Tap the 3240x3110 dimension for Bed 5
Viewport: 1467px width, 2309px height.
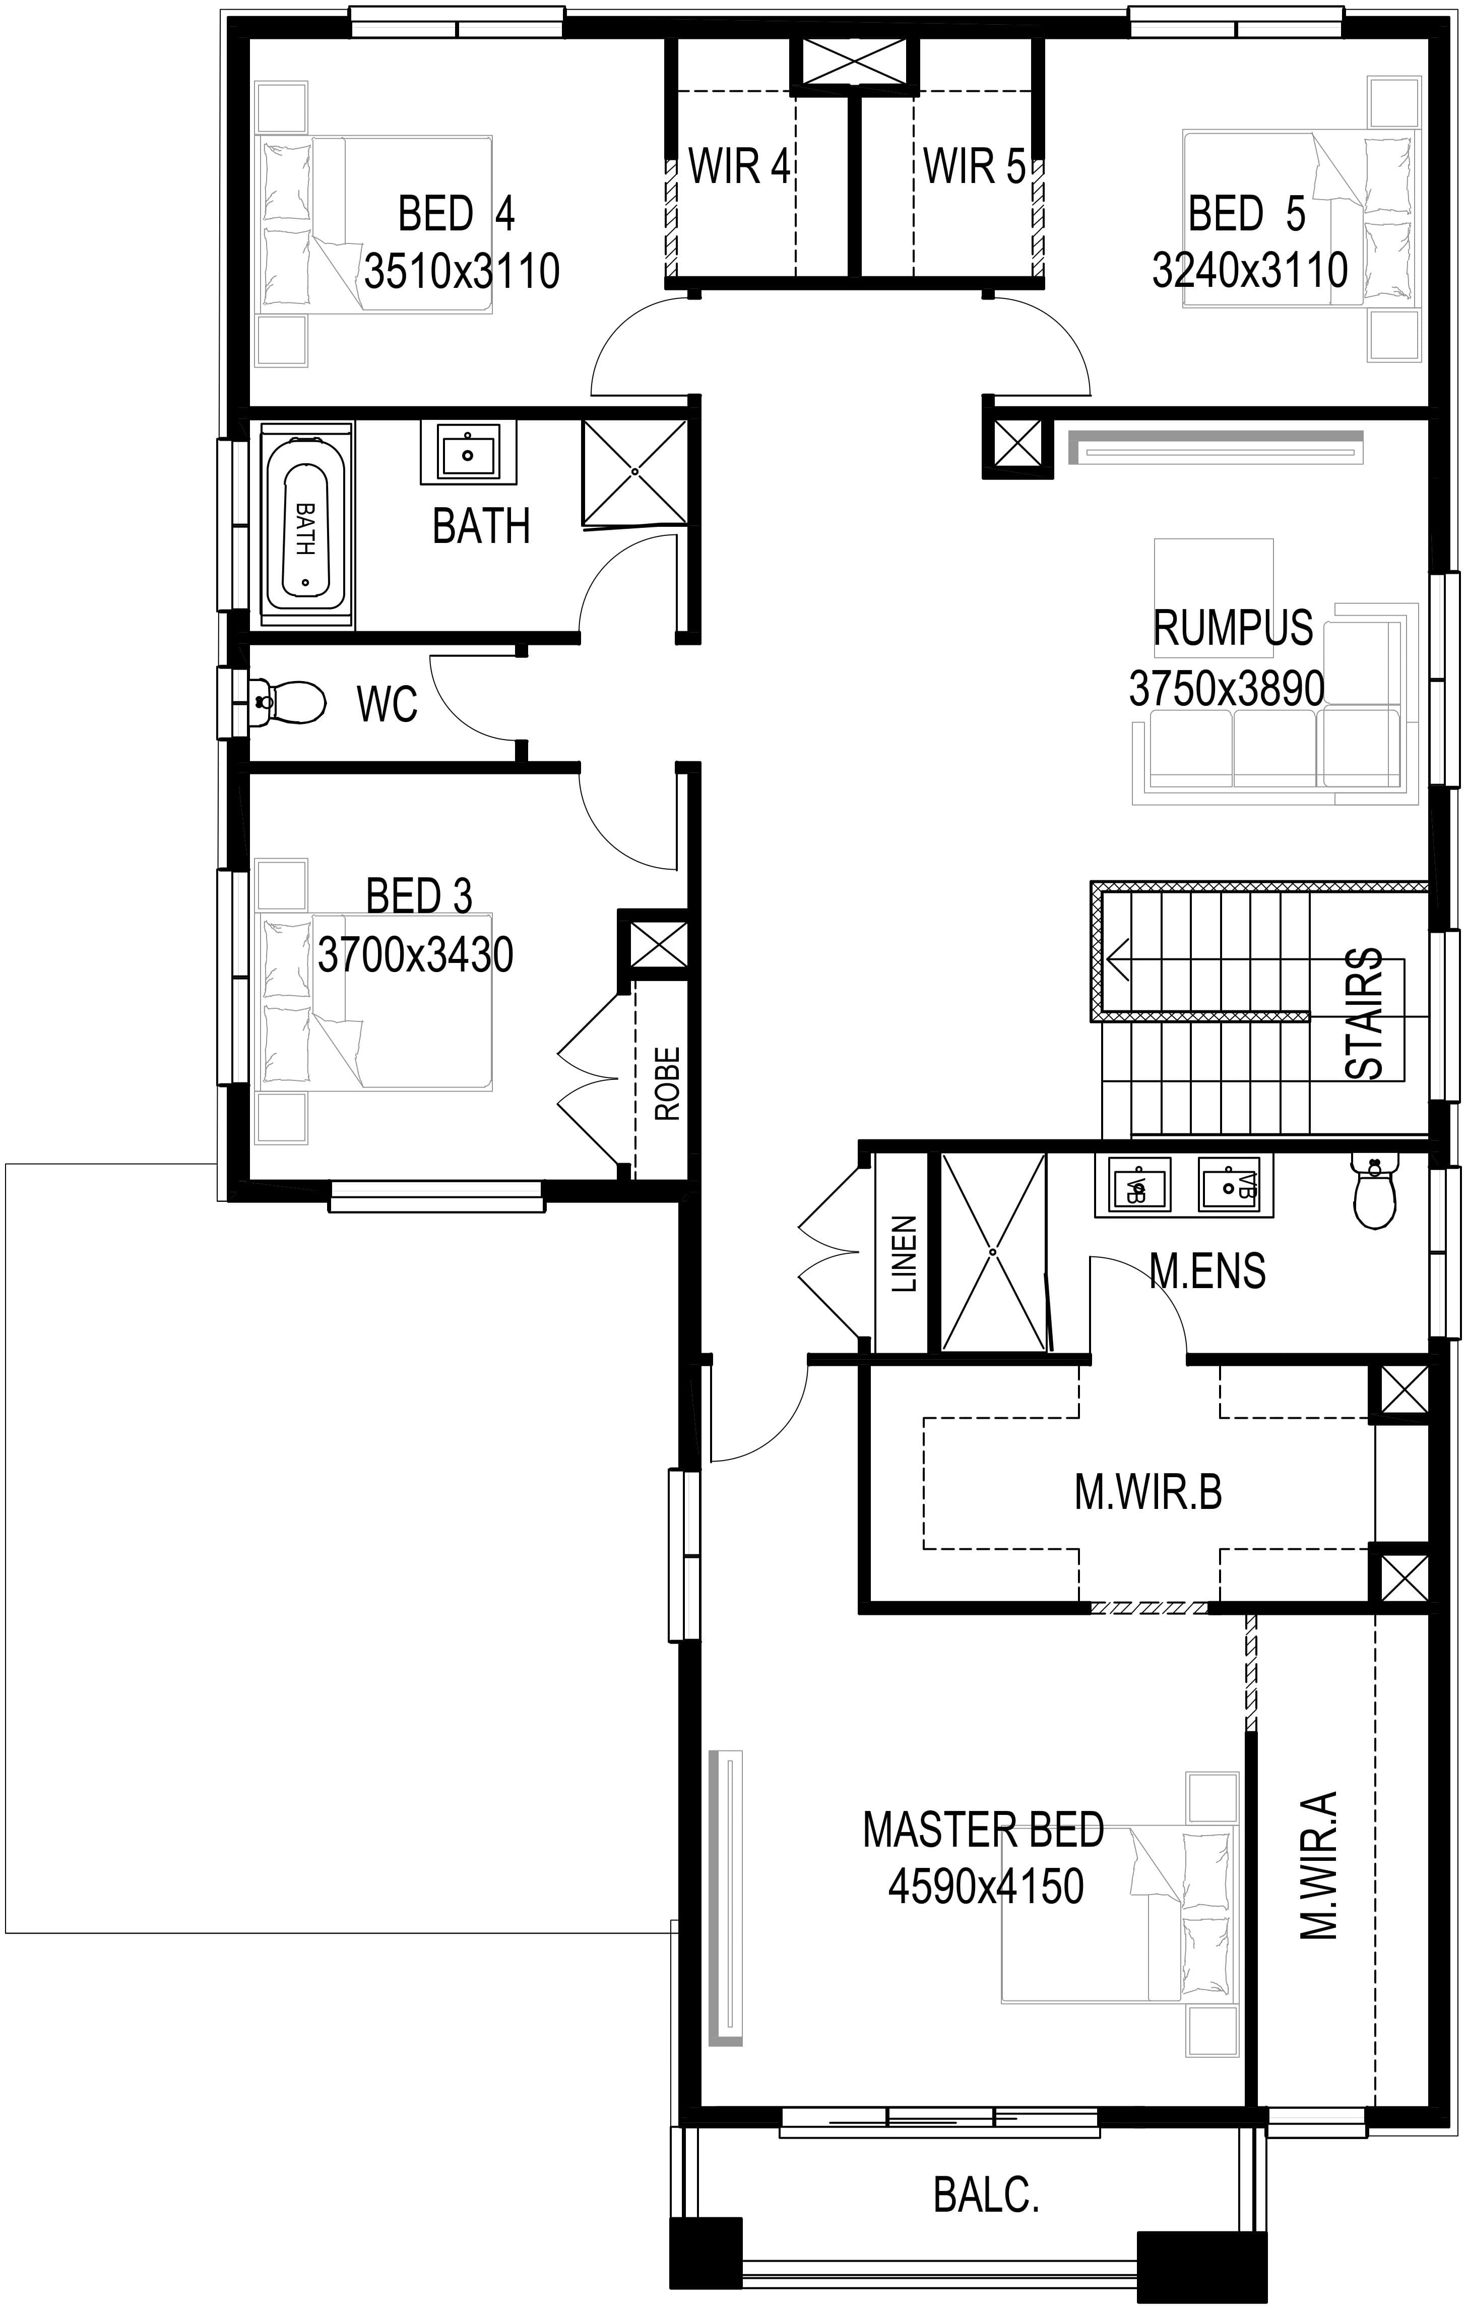click(1250, 270)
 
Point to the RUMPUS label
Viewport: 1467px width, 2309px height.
click(1232, 628)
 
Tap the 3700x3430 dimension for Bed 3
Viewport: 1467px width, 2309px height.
click(415, 955)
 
